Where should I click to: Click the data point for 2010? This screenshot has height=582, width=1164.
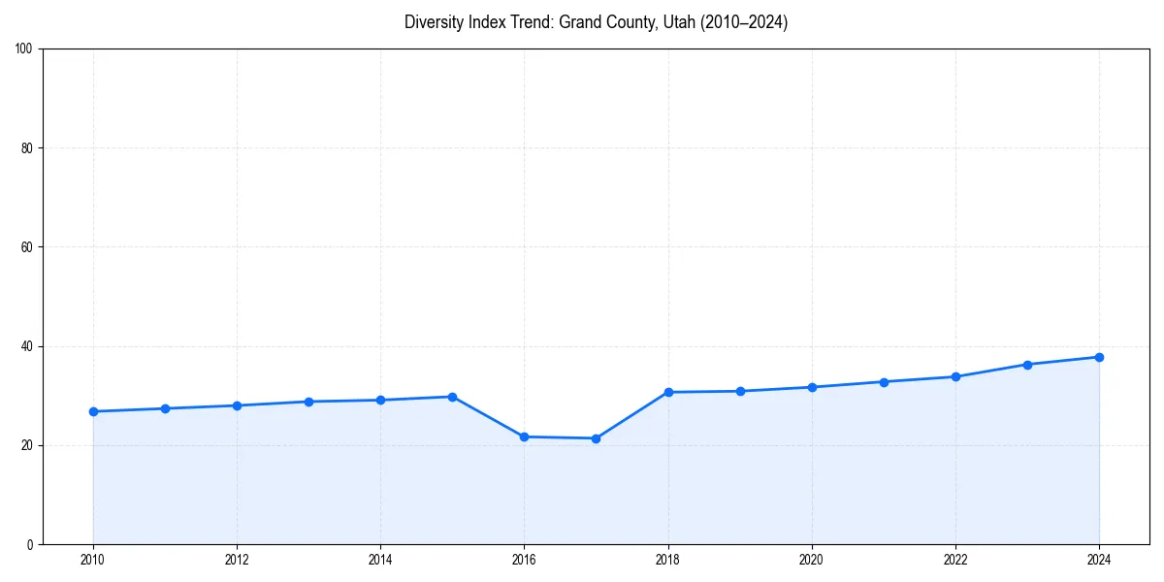click(93, 411)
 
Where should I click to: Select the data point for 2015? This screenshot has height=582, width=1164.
click(452, 397)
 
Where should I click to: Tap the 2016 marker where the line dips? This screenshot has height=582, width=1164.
click(524, 436)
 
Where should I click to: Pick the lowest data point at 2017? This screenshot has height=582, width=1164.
click(596, 438)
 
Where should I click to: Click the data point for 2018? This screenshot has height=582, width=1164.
click(667, 392)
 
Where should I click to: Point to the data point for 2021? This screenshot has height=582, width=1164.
click(884, 381)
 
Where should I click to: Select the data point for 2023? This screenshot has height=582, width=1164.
click(1027, 365)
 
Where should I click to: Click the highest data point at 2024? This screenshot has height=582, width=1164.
click(1099, 357)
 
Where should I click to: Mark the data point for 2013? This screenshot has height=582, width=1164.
click(308, 402)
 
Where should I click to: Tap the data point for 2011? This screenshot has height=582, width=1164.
click(165, 408)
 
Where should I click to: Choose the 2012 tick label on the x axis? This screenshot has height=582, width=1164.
click(237, 560)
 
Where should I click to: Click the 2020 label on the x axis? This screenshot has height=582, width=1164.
click(812, 560)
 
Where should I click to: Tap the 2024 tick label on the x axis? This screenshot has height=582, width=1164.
click(1099, 560)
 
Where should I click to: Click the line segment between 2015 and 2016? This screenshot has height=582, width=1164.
click(488, 417)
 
